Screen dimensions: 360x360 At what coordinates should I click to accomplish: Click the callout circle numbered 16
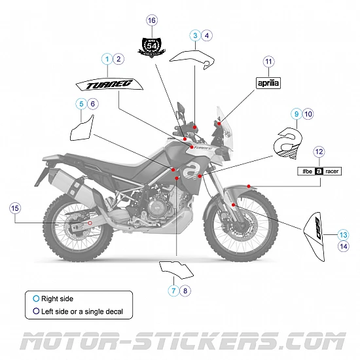[x=152, y=21]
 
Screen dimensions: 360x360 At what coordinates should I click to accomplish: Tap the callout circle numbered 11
[x=268, y=62]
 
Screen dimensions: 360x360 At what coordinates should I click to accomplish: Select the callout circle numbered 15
[x=16, y=208]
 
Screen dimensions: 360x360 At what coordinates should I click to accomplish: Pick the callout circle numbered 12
[x=319, y=152]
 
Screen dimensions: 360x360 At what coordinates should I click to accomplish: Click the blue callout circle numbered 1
[x=107, y=59]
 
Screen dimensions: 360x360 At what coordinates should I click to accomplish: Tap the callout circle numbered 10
[x=308, y=114]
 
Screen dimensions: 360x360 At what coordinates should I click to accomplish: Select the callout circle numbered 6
[x=92, y=103]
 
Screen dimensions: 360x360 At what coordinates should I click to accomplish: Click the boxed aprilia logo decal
[x=268, y=83]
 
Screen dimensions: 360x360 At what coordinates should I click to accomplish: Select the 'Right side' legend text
[x=57, y=298]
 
